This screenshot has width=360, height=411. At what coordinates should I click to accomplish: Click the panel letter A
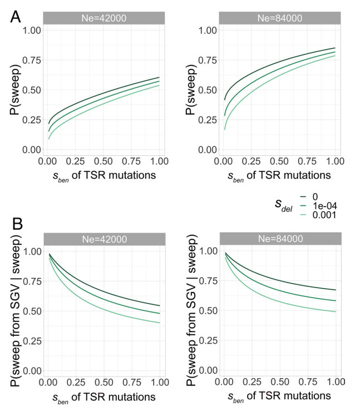[16, 17]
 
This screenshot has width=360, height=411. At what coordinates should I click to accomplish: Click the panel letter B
[16, 225]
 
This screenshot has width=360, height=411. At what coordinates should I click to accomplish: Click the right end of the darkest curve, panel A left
[159, 77]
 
